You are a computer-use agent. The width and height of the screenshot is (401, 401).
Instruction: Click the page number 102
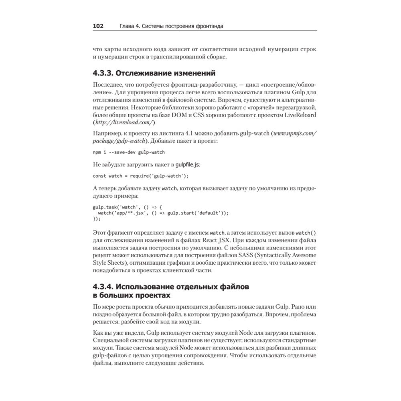click(98, 26)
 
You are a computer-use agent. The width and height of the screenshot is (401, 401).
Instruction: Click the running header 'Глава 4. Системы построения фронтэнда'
click(171, 26)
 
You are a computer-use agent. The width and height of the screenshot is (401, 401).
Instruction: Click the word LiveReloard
click(298, 115)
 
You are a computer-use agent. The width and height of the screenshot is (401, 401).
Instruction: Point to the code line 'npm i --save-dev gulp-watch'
click(129, 152)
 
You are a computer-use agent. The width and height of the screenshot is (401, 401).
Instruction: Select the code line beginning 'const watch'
click(141, 176)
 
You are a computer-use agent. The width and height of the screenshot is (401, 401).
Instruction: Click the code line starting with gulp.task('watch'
click(127, 207)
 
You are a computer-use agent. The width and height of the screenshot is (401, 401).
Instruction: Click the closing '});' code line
click(97, 219)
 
